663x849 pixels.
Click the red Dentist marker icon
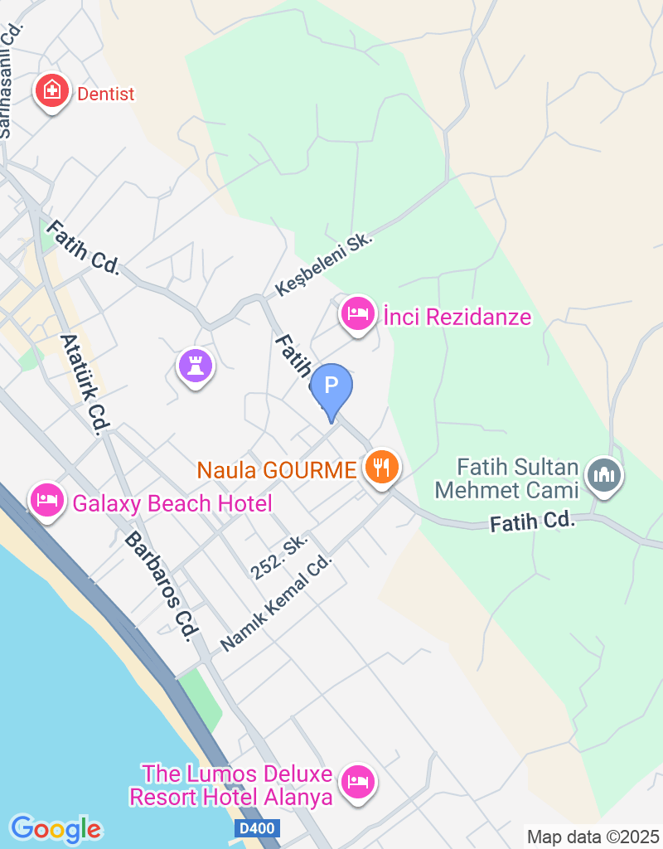point(51,91)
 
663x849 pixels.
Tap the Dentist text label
point(105,94)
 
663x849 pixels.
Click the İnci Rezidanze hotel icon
point(357,314)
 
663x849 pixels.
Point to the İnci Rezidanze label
point(457,317)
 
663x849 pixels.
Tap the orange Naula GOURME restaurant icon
point(381,468)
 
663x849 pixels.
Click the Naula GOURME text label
point(276,470)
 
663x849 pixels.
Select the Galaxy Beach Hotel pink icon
point(47,500)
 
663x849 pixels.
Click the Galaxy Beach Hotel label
point(172,503)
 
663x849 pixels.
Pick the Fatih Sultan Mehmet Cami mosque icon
point(604,476)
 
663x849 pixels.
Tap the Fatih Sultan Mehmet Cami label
point(506,478)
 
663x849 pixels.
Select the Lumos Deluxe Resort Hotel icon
point(358,781)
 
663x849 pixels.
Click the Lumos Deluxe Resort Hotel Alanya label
point(230,786)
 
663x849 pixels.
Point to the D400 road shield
point(257,828)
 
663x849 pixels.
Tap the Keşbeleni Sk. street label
point(325,264)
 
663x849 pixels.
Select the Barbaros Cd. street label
point(162,585)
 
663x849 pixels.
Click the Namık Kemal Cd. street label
point(276,602)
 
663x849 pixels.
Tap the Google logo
point(56,828)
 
